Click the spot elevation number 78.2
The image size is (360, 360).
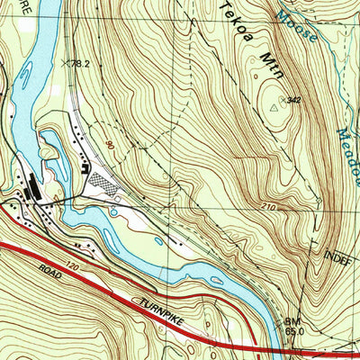83,64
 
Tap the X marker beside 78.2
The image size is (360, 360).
66,63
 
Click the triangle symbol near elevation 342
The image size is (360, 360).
275,107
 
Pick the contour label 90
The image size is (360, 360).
110,144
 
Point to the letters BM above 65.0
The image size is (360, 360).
291,320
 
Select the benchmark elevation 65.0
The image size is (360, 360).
293,330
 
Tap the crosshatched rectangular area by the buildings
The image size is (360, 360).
106,184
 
